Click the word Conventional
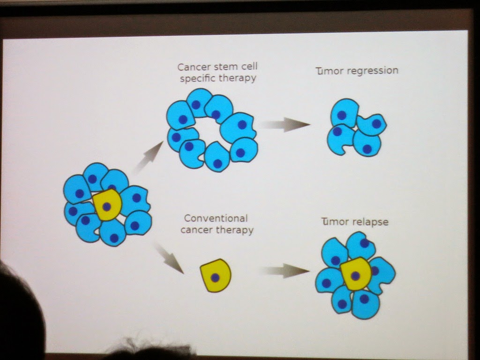[x=216, y=218]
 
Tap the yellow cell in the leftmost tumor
[x=107, y=205]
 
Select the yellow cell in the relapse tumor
[x=356, y=274]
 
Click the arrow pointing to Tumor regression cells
[x=285, y=125]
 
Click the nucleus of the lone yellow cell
[x=215, y=277]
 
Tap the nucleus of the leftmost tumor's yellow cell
[x=106, y=207]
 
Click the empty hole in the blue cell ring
[x=208, y=132]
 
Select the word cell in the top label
[x=248, y=66]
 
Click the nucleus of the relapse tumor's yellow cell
[x=355, y=276]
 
